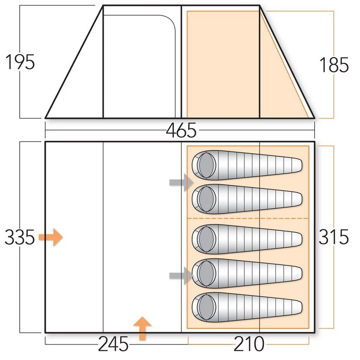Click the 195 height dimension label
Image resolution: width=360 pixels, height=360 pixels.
point(20,62)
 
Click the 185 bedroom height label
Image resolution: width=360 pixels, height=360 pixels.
point(334,65)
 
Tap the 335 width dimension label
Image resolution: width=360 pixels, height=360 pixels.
point(20,237)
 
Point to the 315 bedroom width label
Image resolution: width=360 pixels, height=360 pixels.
point(334,237)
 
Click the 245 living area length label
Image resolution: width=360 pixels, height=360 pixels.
point(113,344)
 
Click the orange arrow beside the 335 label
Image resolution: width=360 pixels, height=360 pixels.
point(51,237)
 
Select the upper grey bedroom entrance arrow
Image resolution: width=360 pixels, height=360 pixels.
point(181,183)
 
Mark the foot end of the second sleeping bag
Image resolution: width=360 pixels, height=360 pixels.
point(296,198)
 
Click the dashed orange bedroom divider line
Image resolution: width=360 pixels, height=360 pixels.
point(247,218)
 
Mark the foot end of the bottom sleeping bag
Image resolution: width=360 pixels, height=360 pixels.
point(296,306)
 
